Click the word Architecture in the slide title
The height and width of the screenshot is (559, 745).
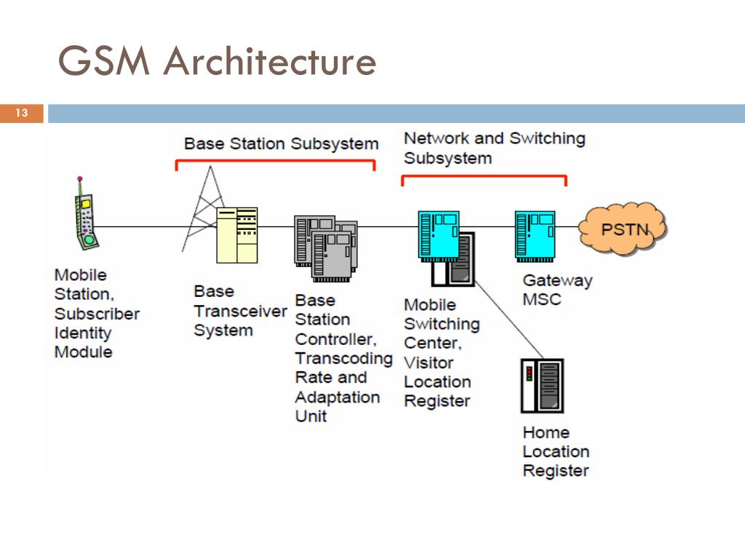[x=270, y=61]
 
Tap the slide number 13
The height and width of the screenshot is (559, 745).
[x=22, y=113]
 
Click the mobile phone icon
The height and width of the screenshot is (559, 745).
[x=86, y=214]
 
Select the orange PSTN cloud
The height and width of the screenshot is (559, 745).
[x=624, y=229]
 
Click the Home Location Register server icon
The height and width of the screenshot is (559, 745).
[x=542, y=386]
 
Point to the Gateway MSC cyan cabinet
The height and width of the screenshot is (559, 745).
[x=535, y=237]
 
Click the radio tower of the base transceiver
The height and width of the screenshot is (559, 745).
[x=202, y=209]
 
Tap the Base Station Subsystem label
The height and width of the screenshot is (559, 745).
[x=282, y=143]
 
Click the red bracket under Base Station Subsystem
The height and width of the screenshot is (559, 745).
[x=276, y=161]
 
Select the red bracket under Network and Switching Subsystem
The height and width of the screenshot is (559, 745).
[x=484, y=177]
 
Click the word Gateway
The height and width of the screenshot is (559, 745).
[x=557, y=280]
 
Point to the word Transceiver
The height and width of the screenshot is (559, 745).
[x=240, y=311]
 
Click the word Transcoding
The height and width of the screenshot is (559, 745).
[x=343, y=359]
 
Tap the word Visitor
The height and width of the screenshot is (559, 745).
[x=428, y=362]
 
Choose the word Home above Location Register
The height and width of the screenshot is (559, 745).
[x=546, y=432]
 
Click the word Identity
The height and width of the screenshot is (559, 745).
[x=83, y=333]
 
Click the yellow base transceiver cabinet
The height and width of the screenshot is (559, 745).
[x=236, y=235]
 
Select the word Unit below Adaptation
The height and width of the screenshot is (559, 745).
[x=311, y=416]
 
